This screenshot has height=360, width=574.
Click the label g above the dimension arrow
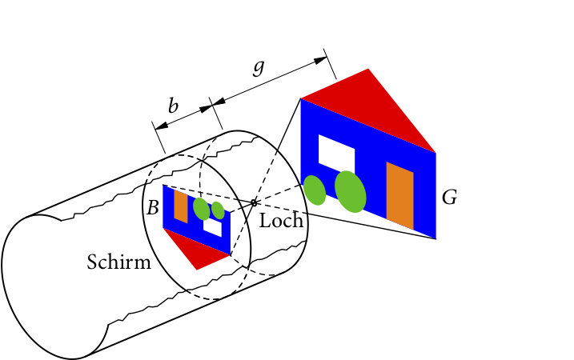258,67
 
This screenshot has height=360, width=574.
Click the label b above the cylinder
173,105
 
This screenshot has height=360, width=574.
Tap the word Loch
282,220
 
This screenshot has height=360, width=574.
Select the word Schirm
118,262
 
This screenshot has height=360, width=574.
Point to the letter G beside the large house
449,198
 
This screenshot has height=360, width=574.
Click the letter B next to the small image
151,208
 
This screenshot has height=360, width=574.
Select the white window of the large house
336,153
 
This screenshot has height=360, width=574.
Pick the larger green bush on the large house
351,191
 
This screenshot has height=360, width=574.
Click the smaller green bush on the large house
315,190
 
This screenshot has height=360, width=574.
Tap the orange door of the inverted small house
181,206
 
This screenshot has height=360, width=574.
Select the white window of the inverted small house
212,226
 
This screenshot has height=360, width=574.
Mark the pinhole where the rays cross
254,202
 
